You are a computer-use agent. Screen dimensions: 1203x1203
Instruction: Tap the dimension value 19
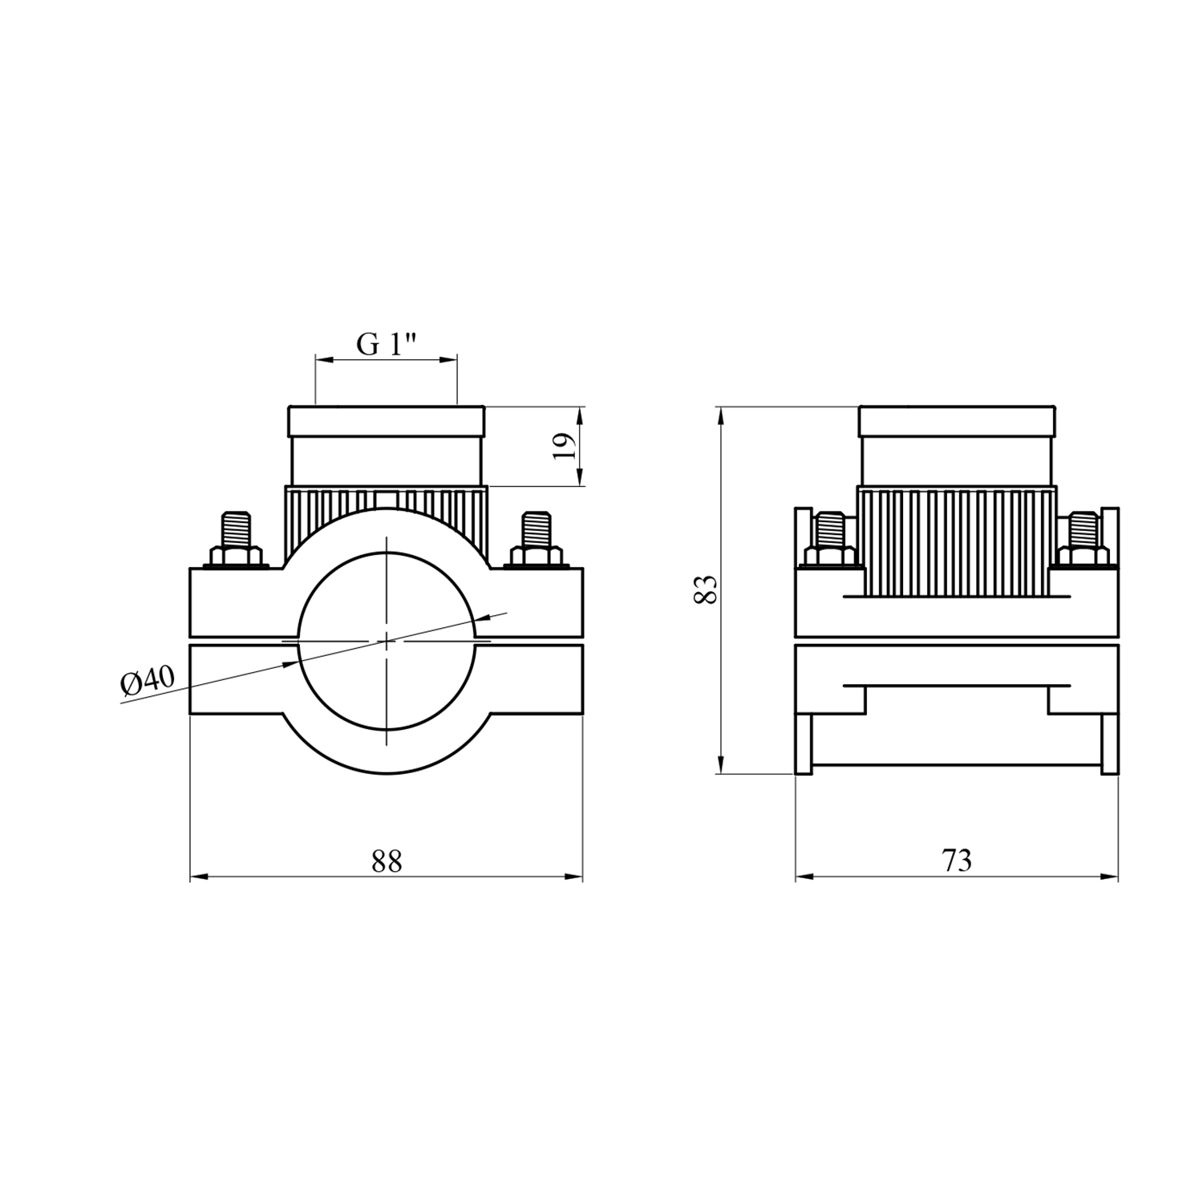[565, 446]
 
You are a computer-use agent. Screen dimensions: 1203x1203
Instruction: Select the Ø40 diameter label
[147, 682]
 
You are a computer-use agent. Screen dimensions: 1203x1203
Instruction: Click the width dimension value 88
[387, 861]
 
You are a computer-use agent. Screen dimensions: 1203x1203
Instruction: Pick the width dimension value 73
[957, 861]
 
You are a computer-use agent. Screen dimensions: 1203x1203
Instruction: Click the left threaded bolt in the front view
[238, 529]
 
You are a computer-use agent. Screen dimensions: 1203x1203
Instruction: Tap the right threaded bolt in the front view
[535, 529]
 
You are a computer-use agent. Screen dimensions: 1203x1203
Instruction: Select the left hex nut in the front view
[238, 557]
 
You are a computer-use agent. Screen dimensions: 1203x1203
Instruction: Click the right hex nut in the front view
[535, 557]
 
